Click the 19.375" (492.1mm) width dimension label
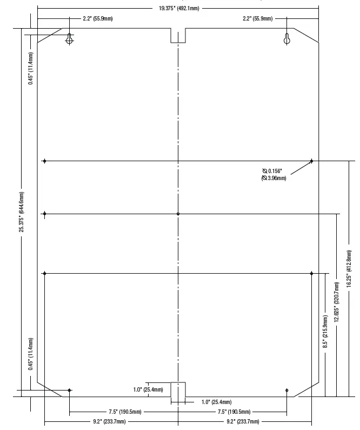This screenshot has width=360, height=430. [x=178, y=9]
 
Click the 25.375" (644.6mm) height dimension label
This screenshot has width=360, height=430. [x=22, y=211]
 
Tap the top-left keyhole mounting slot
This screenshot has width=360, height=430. [x=69, y=39]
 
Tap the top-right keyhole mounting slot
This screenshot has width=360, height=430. [x=287, y=39]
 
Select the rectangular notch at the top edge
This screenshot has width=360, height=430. [x=178, y=36]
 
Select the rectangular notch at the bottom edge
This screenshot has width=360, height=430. [x=178, y=389]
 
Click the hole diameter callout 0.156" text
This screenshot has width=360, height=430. [x=274, y=171]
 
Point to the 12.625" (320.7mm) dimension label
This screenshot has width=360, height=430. [x=337, y=305]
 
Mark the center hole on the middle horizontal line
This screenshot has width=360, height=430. [x=178, y=214]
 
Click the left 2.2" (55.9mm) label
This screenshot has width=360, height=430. [x=97, y=19]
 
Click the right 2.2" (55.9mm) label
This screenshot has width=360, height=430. [x=258, y=19]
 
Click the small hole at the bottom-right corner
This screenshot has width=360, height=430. [x=287, y=391]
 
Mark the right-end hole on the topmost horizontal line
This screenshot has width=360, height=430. [x=312, y=161]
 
